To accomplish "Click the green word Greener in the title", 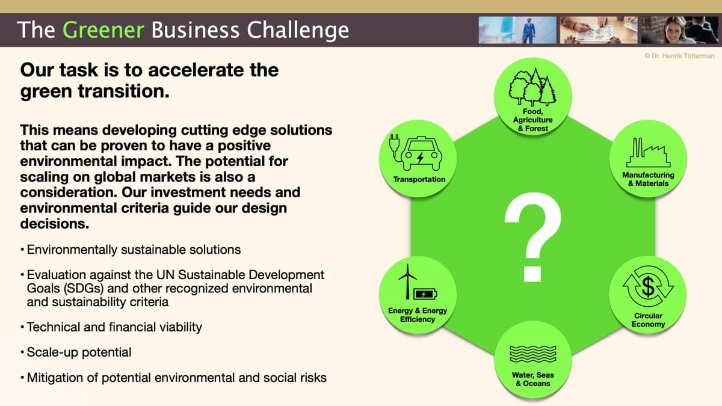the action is (103, 29).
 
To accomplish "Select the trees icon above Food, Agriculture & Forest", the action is (532, 87).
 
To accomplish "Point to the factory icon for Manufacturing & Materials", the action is (648, 152).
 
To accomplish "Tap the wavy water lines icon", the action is (533, 354).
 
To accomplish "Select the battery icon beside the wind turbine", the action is (425, 294).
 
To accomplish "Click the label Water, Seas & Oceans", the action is (533, 380).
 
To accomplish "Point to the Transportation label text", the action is (419, 179).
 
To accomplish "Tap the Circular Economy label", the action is (648, 320).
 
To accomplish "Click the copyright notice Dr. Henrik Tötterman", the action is (679, 56).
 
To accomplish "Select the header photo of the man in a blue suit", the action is (517, 30).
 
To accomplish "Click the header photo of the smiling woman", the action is (680, 30).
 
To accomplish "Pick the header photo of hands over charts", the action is (599, 30).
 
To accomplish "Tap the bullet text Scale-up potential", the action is (79, 352).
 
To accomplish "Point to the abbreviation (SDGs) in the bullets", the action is (84, 288).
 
